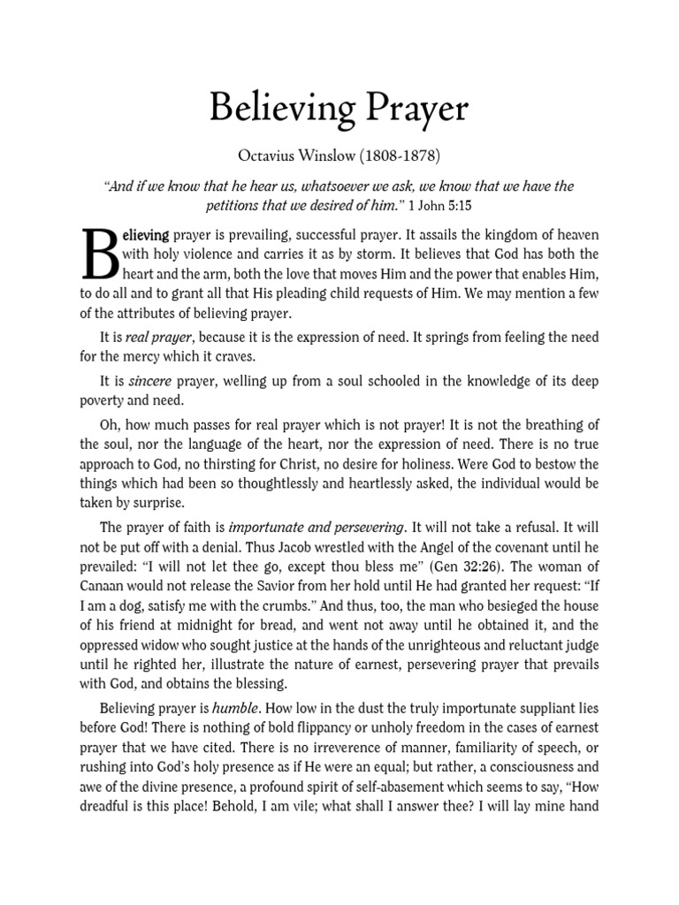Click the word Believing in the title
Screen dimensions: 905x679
coord(274,110)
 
